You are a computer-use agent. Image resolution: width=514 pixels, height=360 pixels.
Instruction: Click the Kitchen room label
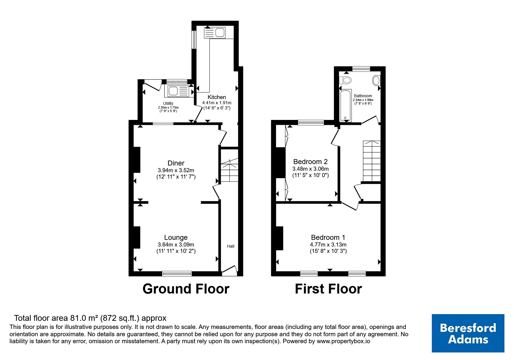217,97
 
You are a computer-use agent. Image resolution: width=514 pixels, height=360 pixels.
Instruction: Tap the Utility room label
168,103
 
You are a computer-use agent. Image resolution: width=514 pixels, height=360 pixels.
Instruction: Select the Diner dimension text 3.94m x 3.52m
176,170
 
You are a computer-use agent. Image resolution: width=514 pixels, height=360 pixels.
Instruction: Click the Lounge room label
176,237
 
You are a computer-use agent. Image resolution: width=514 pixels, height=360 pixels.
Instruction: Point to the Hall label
230,246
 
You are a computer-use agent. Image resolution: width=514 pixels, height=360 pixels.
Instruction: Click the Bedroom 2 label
311,161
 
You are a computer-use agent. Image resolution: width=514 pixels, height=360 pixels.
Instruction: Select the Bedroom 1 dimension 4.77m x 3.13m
328,245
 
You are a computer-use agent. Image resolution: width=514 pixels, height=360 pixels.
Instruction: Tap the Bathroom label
363,96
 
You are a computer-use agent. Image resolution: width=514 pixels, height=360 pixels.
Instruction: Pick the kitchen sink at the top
215,32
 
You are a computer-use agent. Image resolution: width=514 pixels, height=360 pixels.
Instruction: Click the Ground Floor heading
186,289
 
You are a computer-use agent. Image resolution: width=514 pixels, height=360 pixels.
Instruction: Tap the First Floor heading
328,289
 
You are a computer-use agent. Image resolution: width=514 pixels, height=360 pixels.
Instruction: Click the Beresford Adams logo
468,333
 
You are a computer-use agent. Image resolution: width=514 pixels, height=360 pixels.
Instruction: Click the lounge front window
177,273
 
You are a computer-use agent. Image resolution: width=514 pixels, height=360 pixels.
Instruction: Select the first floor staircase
372,161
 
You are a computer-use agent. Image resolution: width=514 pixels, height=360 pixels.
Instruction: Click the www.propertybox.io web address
343,341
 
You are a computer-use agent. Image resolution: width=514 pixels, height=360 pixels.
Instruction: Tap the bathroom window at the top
361,69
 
